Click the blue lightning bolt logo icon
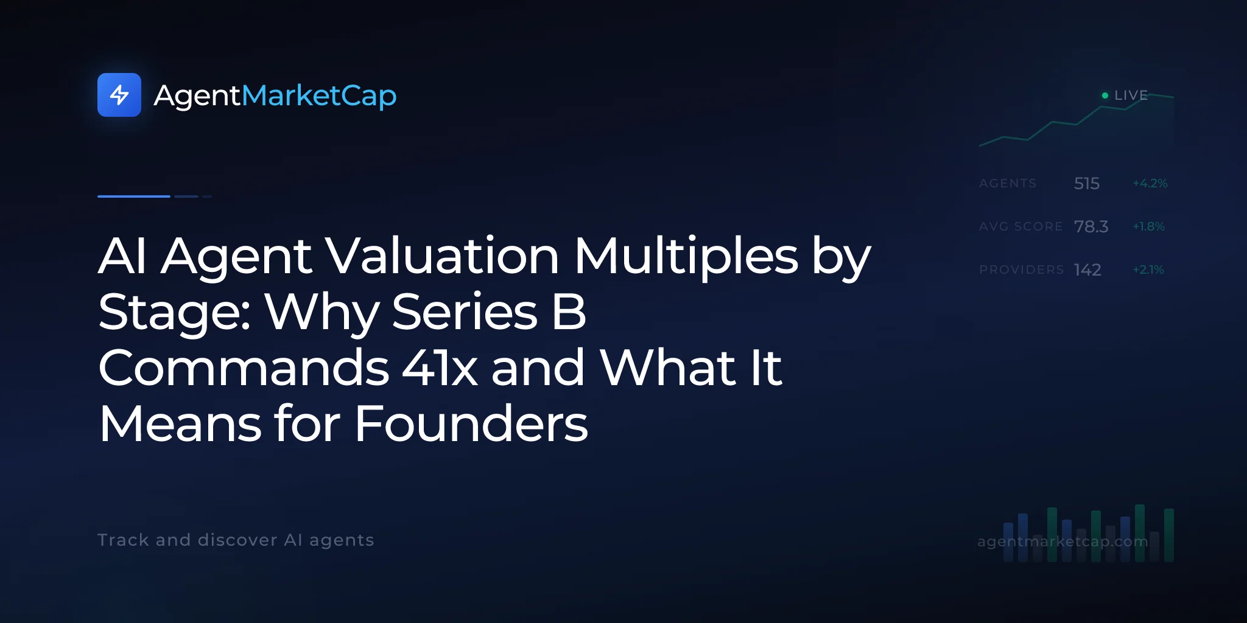[x=119, y=95]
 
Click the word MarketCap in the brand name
[x=319, y=96]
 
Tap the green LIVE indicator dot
[x=1105, y=96]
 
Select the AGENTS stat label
[x=1008, y=183]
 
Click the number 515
[x=1087, y=183]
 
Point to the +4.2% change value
[x=1150, y=183]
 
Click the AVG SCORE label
[x=1021, y=226]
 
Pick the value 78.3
[x=1091, y=226]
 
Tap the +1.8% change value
[x=1148, y=226]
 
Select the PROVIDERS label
[x=1022, y=270]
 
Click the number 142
[x=1087, y=270]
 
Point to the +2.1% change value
[x=1148, y=270]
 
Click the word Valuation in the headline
[x=441, y=256]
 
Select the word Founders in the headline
[x=471, y=423]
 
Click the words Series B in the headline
[x=489, y=311]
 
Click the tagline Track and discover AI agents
[x=236, y=540]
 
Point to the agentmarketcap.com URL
[x=1063, y=541]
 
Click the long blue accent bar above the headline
[x=134, y=196]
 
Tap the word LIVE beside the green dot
[x=1131, y=96]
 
